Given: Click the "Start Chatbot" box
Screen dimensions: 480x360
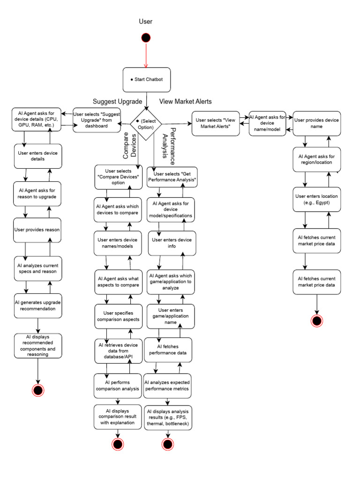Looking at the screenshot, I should click(x=146, y=79).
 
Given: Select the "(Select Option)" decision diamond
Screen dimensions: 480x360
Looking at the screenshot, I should click(x=146, y=124).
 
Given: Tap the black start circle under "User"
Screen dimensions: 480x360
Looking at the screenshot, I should click(x=146, y=37).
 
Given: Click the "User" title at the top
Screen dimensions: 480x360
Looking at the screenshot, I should click(x=146, y=22).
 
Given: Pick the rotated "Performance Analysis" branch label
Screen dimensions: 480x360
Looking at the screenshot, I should click(x=169, y=142).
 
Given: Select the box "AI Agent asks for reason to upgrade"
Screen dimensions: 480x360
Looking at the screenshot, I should click(x=37, y=194).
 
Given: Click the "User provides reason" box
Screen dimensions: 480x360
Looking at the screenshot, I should click(x=37, y=230).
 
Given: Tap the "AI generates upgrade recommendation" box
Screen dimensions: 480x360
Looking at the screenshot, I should click(x=37, y=305).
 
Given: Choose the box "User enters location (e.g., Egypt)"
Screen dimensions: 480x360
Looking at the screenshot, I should click(x=316, y=199).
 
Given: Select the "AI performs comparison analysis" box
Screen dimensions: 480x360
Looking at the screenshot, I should click(x=117, y=385).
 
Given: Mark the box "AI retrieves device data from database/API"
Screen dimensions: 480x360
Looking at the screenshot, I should click(x=117, y=351).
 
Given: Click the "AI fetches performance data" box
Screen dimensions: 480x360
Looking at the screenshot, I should click(x=168, y=350).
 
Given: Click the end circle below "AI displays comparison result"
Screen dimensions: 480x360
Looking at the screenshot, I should click(x=117, y=444).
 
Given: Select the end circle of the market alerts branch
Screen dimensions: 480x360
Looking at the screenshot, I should click(x=317, y=321).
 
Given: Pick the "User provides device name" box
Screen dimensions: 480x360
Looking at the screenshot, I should click(x=316, y=123).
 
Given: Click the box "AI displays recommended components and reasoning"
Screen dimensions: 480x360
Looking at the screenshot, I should click(x=37, y=345).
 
